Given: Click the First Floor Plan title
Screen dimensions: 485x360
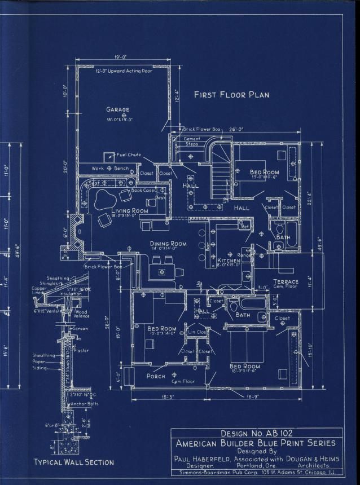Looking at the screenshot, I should (231, 95).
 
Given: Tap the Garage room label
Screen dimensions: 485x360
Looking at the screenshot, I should (117, 109).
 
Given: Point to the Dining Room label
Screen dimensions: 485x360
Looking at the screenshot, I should (168, 244).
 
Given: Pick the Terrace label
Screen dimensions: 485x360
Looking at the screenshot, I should (286, 281).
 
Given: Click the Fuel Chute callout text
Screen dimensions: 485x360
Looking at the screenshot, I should (129, 155).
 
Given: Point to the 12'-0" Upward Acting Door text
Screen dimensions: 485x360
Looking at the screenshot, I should (123, 72).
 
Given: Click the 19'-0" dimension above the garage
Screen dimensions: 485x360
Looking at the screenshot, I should (119, 57).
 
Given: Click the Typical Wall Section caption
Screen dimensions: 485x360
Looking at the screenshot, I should (73, 462).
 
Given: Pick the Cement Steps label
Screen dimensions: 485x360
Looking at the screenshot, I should (192, 141).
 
